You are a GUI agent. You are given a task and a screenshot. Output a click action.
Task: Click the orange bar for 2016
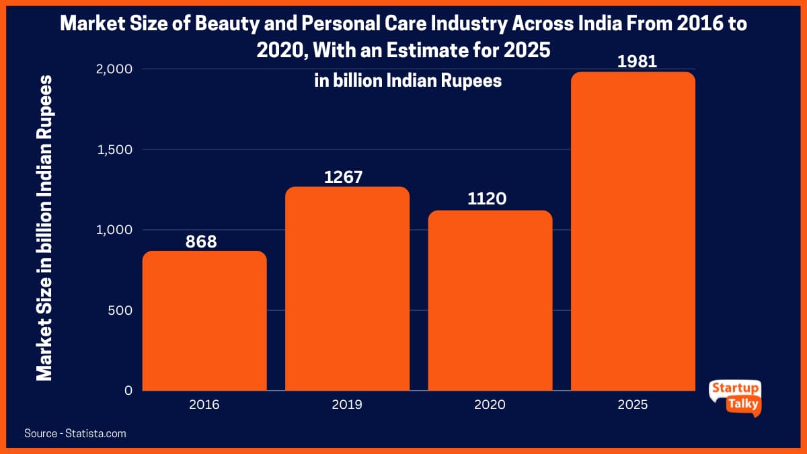pyautogui.click(x=204, y=321)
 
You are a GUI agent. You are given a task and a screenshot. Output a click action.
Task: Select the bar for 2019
pyautogui.click(x=347, y=289)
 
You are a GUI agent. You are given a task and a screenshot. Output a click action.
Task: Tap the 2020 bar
pyautogui.click(x=490, y=301)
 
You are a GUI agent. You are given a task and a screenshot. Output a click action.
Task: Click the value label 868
pyautogui.click(x=201, y=241)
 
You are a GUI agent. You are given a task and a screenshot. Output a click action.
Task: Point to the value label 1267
pyautogui.click(x=344, y=178)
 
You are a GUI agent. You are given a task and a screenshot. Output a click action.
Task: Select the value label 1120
pyautogui.click(x=487, y=200)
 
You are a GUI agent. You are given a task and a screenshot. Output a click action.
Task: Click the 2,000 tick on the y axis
pyautogui.click(x=114, y=69)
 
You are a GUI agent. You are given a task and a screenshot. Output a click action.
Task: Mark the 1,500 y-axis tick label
pyautogui.click(x=114, y=149)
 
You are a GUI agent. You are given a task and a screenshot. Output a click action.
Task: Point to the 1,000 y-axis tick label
pyautogui.click(x=114, y=230)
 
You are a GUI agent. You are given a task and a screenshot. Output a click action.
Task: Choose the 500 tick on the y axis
pyautogui.click(x=120, y=310)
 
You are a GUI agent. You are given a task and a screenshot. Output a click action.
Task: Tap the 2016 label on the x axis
pyautogui.click(x=204, y=405)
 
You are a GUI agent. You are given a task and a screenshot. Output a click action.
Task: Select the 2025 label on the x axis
pyautogui.click(x=633, y=405)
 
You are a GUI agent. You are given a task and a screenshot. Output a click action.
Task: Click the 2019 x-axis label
pyautogui.click(x=347, y=405)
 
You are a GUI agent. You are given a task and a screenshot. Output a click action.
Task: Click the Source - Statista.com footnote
pyautogui.click(x=75, y=434)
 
